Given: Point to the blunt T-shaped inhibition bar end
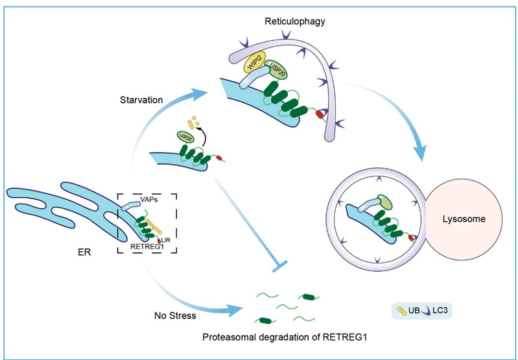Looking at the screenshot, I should [274, 266].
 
